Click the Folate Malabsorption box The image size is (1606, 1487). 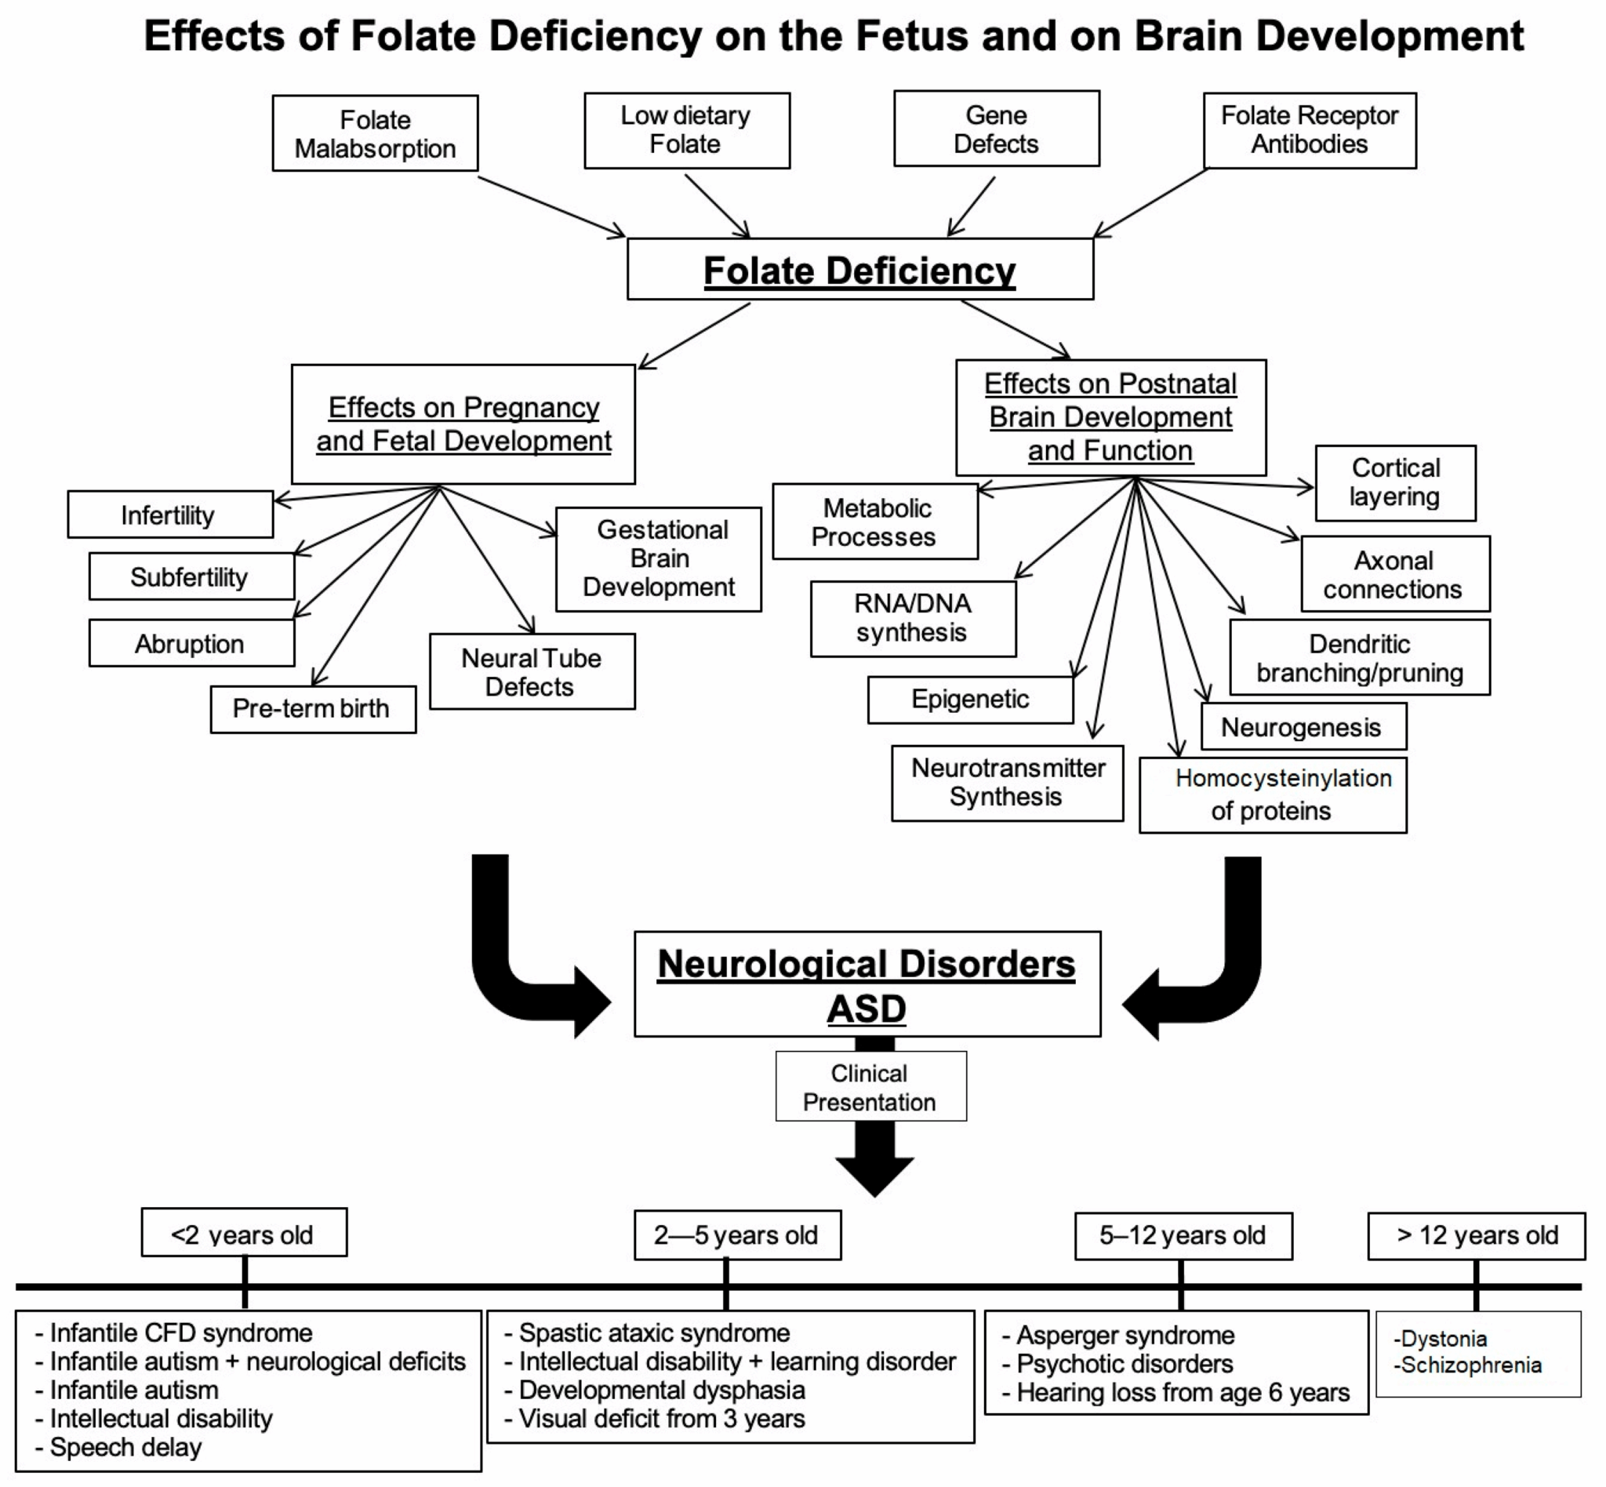tap(375, 133)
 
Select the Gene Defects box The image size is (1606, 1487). tap(996, 129)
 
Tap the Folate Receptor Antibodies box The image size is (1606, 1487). tap(1309, 130)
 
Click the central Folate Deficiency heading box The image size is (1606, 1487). tap(859, 270)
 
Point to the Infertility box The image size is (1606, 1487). tap(169, 515)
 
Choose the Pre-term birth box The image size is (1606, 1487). tap(312, 709)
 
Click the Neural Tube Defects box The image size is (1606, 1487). tap(531, 672)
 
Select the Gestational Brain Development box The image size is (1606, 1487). tap(658, 558)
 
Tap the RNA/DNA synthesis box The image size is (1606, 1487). tap(913, 618)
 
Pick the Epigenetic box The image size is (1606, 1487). tap(969, 700)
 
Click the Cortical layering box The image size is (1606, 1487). tap(1395, 483)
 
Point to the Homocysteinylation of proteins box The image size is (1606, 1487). tap(1272, 794)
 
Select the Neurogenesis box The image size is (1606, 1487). tap(1303, 726)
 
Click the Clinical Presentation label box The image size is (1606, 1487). tap(870, 1087)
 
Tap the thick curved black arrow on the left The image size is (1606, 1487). tap(515, 965)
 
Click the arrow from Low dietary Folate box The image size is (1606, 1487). tap(716, 205)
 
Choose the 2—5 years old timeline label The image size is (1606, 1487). tap(736, 1235)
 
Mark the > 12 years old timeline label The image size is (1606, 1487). tap(1477, 1235)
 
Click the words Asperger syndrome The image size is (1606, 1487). tap(1125, 1336)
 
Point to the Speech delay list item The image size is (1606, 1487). tap(125, 1448)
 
